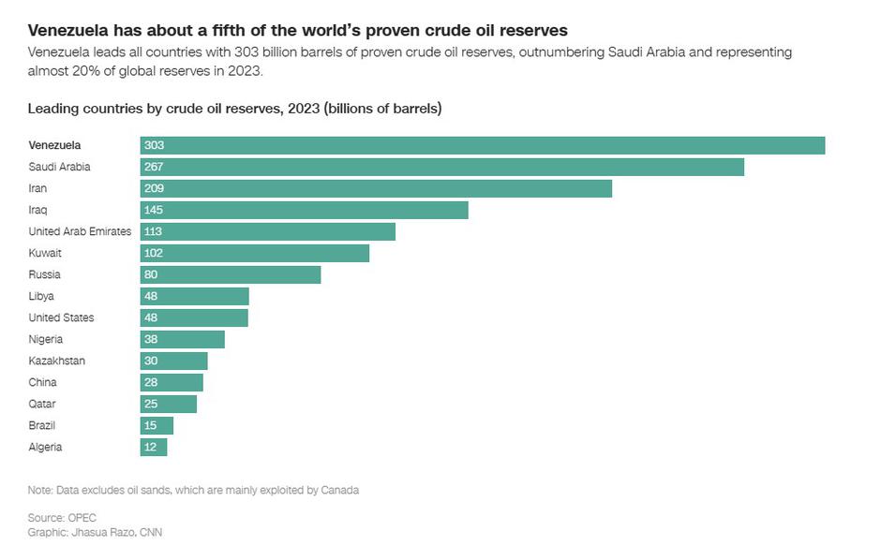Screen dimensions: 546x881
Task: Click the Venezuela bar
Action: tap(483, 145)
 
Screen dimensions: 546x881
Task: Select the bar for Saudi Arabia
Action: tap(442, 167)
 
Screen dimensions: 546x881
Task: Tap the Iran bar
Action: tap(376, 188)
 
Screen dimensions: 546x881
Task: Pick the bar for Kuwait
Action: tap(255, 253)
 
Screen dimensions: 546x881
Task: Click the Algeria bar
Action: tap(154, 447)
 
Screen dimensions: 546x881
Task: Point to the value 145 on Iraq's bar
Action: tap(154, 210)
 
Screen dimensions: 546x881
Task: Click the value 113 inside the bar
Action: tap(154, 231)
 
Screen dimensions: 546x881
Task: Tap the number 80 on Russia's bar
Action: tap(151, 274)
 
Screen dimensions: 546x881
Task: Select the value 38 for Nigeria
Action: tap(151, 339)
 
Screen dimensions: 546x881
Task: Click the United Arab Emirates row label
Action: tap(80, 231)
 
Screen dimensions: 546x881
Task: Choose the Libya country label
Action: tap(41, 296)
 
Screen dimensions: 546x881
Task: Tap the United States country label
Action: tap(61, 317)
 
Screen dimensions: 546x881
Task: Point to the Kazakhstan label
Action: tap(55, 361)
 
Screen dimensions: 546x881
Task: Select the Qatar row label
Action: tap(42, 404)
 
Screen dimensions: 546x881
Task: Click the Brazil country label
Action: tap(43, 425)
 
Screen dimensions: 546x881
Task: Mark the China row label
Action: tap(42, 382)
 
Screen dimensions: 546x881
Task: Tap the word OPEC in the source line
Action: tap(82, 517)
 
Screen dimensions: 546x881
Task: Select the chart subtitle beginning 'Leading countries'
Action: tap(234, 109)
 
